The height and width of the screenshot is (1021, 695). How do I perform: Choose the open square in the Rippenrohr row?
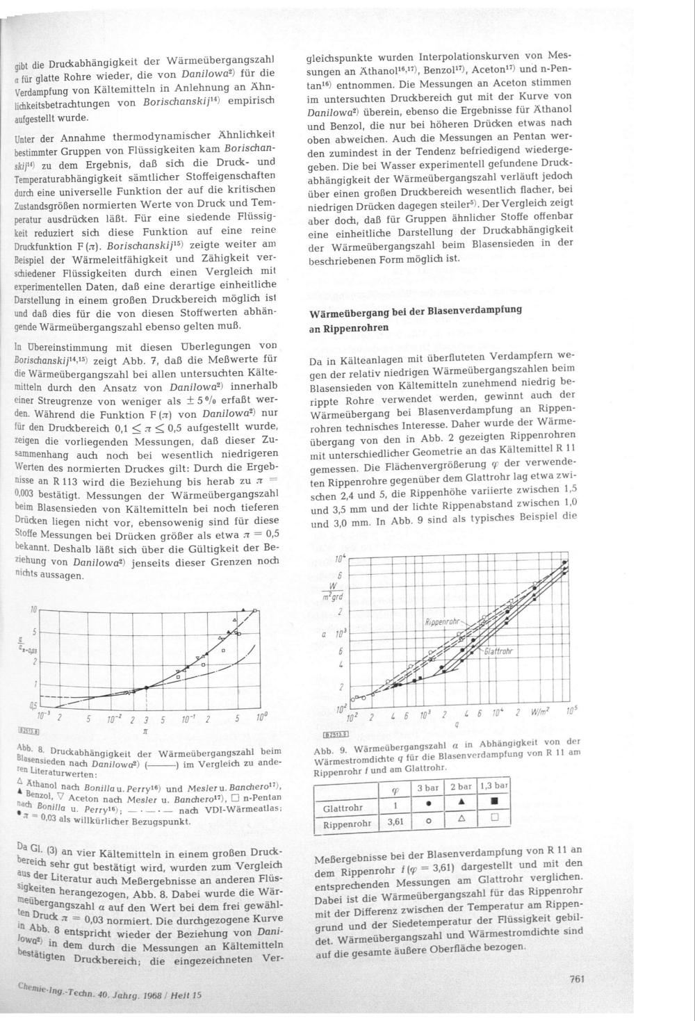[495, 818]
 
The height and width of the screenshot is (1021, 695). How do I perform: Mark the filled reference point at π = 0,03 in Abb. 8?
[147, 687]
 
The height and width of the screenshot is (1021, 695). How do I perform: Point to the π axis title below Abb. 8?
[145, 732]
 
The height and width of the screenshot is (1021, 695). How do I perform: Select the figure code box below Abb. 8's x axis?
[28, 731]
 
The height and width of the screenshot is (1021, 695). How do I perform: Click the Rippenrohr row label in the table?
[345, 824]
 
